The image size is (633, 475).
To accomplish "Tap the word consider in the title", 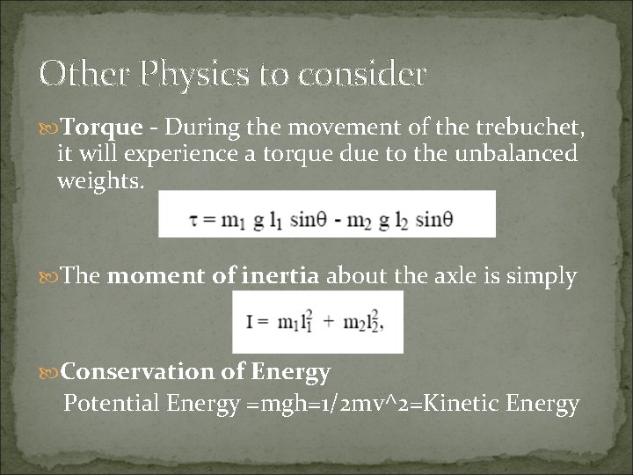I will [x=363, y=74].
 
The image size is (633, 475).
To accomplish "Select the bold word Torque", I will [x=104, y=128].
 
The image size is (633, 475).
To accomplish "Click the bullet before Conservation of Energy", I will [x=51, y=373].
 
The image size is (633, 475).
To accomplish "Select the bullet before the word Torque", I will [x=51, y=128].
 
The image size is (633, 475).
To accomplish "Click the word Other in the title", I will [x=73, y=74].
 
